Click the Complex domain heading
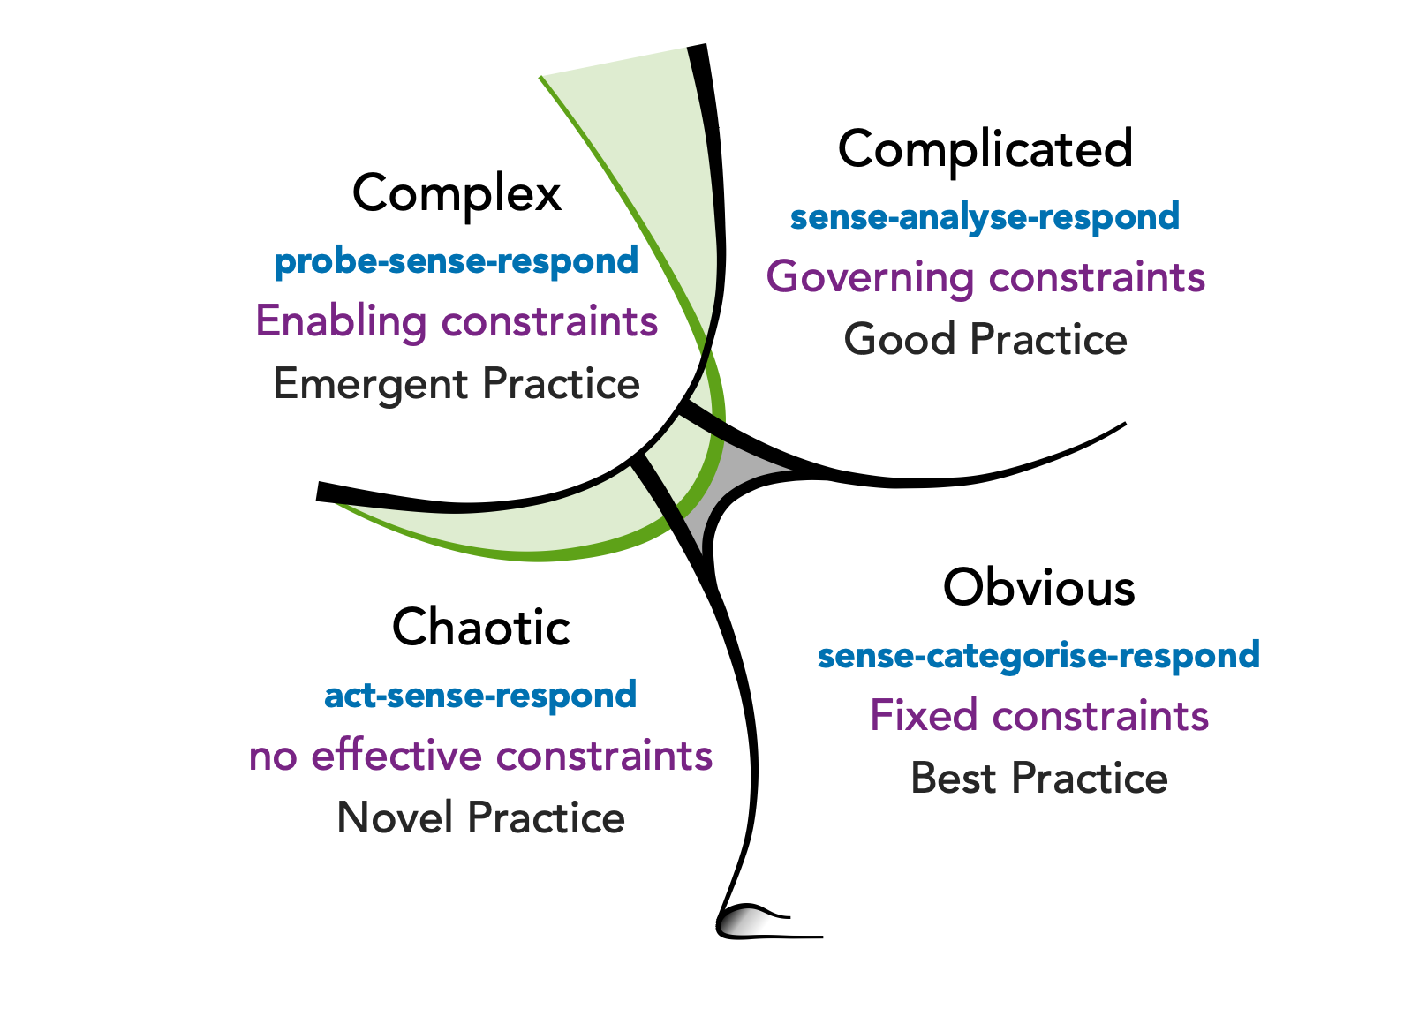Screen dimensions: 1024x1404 click(457, 193)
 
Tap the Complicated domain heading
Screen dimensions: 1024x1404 click(985, 148)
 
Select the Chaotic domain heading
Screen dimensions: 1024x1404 click(481, 628)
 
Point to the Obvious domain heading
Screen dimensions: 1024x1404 click(1038, 587)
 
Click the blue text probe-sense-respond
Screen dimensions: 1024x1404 click(457, 261)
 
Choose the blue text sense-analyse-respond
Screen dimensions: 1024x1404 click(985, 217)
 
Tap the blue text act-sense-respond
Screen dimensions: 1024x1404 click(480, 696)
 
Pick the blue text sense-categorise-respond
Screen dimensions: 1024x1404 click(1038, 656)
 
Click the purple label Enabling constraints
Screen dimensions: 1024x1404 click(457, 321)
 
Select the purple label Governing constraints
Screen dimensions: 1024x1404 click(985, 277)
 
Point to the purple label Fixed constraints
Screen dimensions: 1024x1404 click(1039, 716)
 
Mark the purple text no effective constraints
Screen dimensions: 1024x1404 click(480, 757)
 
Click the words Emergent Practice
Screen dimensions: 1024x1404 click(457, 384)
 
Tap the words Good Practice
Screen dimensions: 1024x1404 click(985, 340)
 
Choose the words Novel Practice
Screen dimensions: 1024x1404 click(481, 817)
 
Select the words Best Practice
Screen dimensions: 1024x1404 click(1039, 779)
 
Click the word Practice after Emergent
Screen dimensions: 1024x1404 click(562, 384)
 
